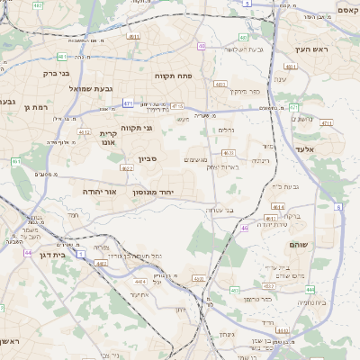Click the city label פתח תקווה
tap(174, 76)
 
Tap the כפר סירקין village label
tap(243, 91)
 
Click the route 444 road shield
tap(310, 289)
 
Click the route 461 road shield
tap(16, 161)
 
